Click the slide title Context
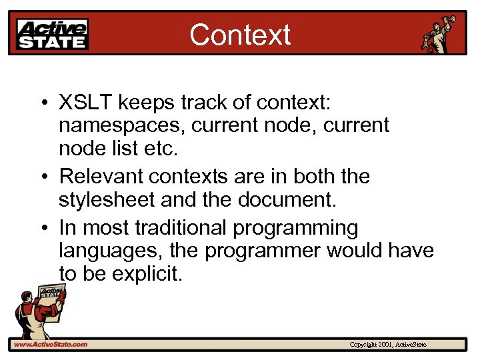pyautogui.click(x=240, y=35)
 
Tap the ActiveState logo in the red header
pyautogui.click(x=52, y=34)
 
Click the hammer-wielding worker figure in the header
pyautogui.click(x=441, y=33)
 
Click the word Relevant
pyautogui.click(x=101, y=177)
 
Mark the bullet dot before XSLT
pyautogui.click(x=42, y=104)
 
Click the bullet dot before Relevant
pyautogui.click(x=42, y=177)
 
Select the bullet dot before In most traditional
pyautogui.click(x=42, y=229)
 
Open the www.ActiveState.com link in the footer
pyautogui.click(x=51, y=344)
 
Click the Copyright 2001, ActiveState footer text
pyautogui.click(x=388, y=345)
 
